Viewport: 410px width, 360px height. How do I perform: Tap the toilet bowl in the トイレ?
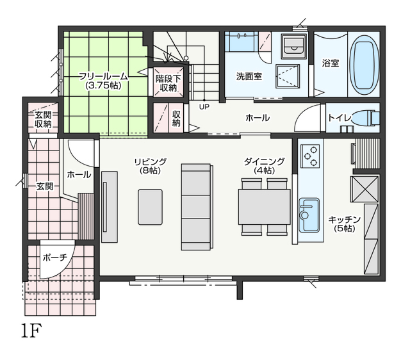[365, 117]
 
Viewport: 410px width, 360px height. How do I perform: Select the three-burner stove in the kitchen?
[310, 156]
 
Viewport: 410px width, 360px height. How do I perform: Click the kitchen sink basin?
[309, 215]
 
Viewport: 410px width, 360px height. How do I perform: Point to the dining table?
[264, 207]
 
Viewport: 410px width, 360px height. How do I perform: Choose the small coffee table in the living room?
[150, 207]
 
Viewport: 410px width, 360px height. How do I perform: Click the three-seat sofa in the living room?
[197, 207]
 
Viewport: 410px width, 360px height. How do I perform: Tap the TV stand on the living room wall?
[110, 207]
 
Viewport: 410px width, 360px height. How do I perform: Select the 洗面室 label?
[249, 76]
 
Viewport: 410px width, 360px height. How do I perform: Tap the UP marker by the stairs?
[204, 107]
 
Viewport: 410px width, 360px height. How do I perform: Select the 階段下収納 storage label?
[168, 83]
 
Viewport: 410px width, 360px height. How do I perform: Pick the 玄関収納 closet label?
[43, 120]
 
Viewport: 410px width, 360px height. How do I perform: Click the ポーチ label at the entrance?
[55, 258]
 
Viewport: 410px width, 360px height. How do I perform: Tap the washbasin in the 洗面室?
[294, 46]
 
